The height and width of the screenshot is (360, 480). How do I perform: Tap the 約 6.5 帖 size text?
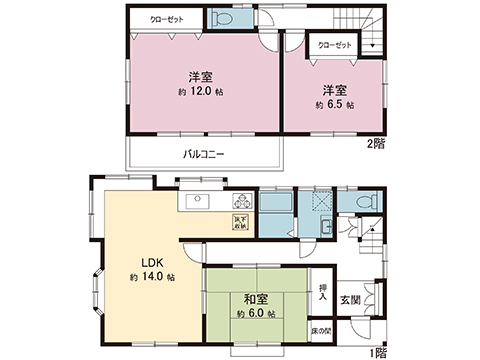[334, 105]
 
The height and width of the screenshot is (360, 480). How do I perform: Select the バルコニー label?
[204, 155]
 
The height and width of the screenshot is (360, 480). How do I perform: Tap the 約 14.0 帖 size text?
[150, 276]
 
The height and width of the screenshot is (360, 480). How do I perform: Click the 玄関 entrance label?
[351, 300]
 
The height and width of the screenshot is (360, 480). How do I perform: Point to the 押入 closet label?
[322, 292]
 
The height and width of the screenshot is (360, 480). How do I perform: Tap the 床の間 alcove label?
[322, 329]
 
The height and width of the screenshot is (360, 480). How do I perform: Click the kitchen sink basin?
[196, 200]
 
